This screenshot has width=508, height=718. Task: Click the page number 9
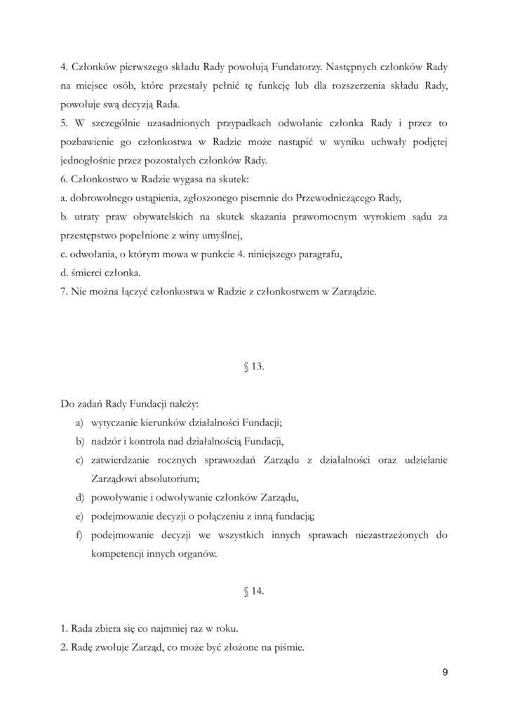[445, 673]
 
